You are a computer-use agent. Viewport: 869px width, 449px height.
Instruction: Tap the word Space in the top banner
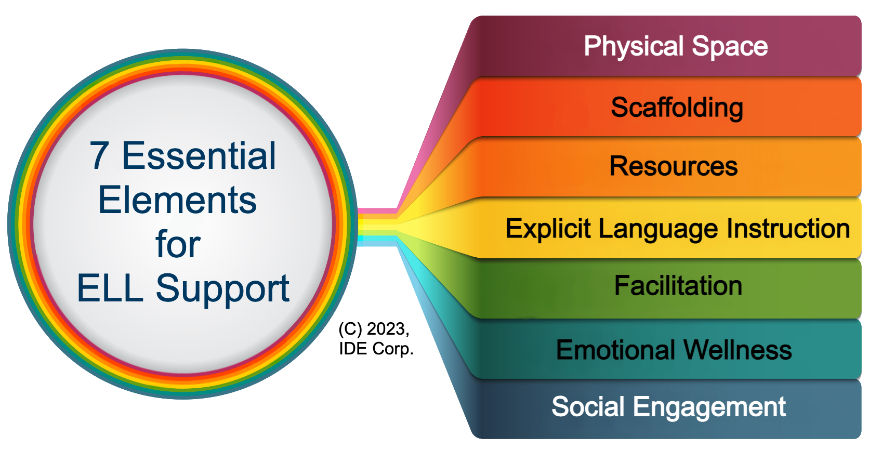pos(730,47)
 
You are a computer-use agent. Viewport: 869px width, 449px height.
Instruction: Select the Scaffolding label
pos(677,108)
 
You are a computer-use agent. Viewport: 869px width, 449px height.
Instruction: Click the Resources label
pos(674,166)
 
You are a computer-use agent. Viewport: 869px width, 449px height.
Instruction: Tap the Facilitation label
pos(678,285)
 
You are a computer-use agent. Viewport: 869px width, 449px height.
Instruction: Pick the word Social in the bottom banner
pos(588,407)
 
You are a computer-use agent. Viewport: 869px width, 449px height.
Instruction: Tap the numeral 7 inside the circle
pos(99,156)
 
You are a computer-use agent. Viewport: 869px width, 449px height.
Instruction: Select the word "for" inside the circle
pos(178,244)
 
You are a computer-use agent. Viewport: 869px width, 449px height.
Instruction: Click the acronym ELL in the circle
pos(110,288)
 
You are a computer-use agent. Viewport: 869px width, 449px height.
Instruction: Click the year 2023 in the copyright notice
pos(388,329)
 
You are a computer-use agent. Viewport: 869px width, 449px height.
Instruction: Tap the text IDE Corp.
pos(376,349)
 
